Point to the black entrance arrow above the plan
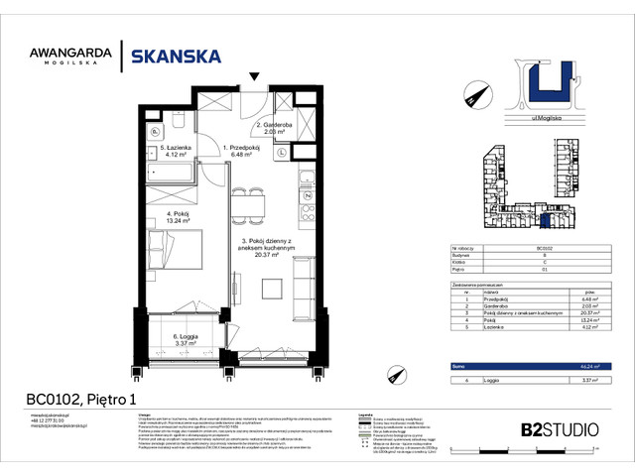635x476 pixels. point(256,76)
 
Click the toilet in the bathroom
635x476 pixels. point(157,132)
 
